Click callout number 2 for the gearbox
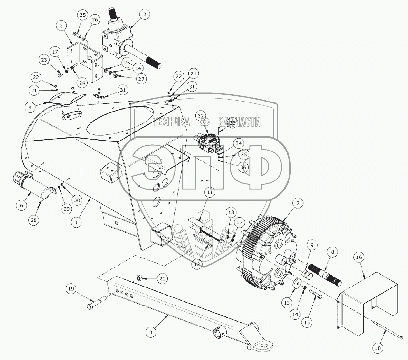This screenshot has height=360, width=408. click(x=145, y=14)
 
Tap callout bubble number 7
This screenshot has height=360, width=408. click(x=298, y=203)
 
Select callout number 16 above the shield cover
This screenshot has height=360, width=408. click(x=359, y=257)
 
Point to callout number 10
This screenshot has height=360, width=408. click(x=378, y=348)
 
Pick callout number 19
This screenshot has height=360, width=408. click(x=71, y=289)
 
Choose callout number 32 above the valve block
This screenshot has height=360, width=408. click(x=201, y=116)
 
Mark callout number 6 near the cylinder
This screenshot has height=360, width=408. click(x=22, y=204)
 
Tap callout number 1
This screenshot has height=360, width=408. click(x=76, y=222)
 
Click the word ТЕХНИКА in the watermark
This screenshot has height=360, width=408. click(x=171, y=122)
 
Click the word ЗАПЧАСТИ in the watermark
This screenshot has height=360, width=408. click(x=239, y=122)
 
